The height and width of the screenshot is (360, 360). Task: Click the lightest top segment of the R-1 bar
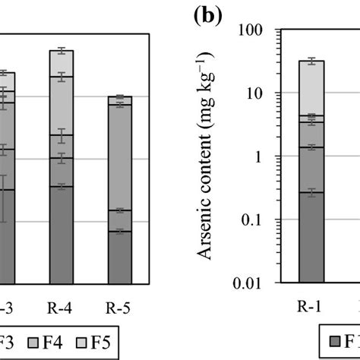point(311,87)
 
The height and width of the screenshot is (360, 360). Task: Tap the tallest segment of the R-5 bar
point(120,156)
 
